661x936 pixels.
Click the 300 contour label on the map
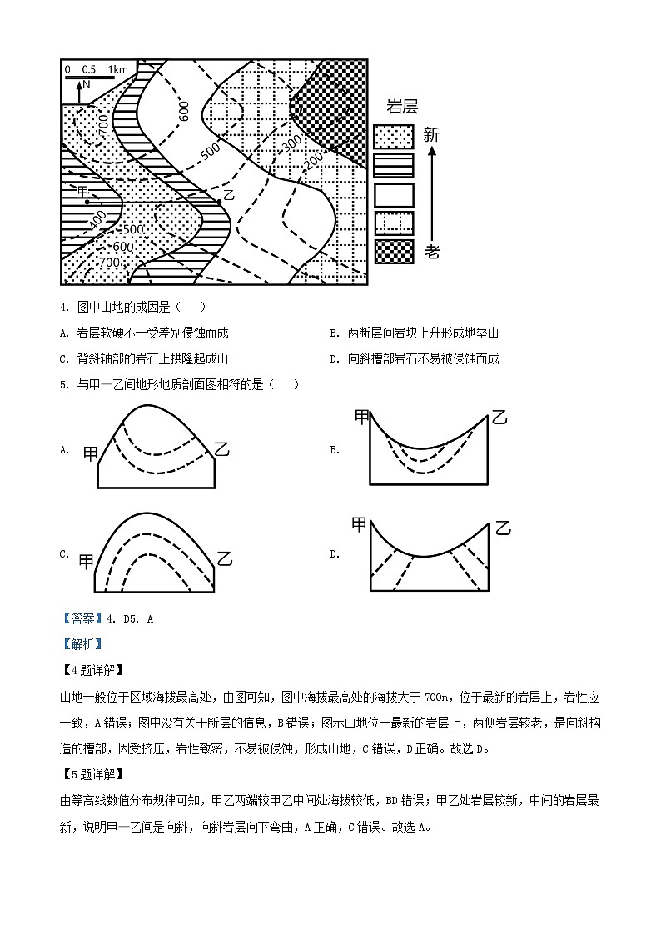[x=290, y=144]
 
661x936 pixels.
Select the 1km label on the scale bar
[x=118, y=70]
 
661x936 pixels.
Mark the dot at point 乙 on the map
[x=218, y=201]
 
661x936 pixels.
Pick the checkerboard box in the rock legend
[x=394, y=251]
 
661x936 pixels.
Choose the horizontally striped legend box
[x=394, y=166]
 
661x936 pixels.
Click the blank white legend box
[x=394, y=194]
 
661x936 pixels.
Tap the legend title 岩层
[x=402, y=107]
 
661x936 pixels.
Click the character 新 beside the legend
[x=431, y=135]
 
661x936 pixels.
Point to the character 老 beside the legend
[x=431, y=251]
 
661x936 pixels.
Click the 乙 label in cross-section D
[x=502, y=528]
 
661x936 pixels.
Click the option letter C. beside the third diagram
[x=64, y=554]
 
